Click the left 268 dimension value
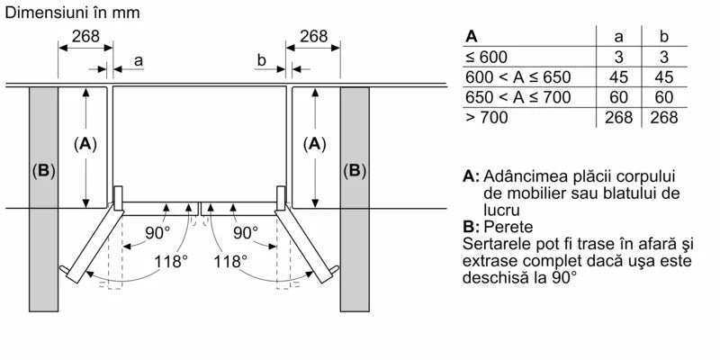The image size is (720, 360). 85,36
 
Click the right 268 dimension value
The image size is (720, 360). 313,36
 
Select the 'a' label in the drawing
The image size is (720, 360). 138,60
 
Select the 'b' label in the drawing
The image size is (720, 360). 260,60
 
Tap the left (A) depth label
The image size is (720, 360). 85,142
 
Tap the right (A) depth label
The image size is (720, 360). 314,142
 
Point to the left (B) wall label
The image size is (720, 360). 43,170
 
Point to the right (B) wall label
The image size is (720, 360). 355,170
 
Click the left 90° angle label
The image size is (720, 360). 133,233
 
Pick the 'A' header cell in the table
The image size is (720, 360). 472,37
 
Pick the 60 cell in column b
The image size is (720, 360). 664,97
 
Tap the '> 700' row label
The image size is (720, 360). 485,117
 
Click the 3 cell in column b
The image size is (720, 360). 664,57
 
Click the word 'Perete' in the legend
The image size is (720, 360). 508,226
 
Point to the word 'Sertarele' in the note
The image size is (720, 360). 495,244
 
